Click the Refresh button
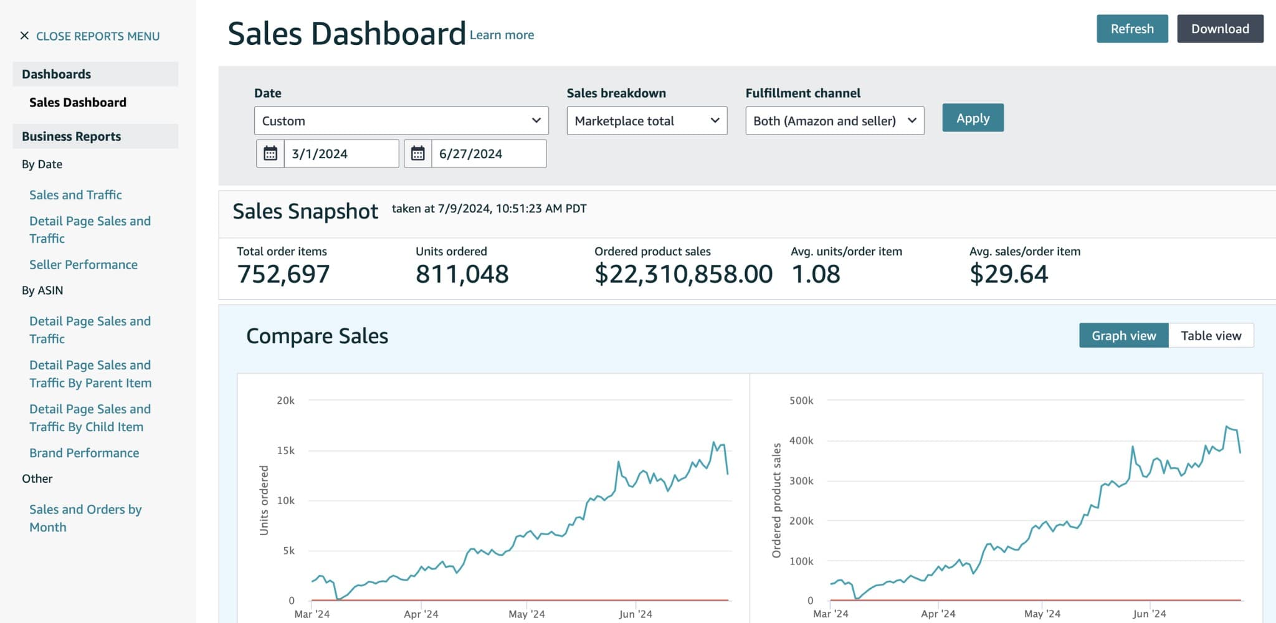coord(1131,29)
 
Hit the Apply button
coord(972,118)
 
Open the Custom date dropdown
coord(401,121)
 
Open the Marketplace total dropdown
coord(646,121)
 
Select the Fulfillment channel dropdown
coord(834,121)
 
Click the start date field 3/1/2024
coord(340,154)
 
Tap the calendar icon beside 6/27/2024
coord(417,154)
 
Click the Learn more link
coord(502,36)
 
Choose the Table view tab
coord(1211,336)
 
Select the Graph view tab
coord(1123,336)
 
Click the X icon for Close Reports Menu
coord(24,36)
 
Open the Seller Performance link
coord(83,265)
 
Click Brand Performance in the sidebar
coord(84,453)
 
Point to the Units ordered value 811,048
coord(462,274)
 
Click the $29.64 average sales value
coord(1008,274)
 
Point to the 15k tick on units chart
coord(285,450)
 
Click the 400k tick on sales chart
coord(801,440)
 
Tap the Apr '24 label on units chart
coord(421,614)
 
